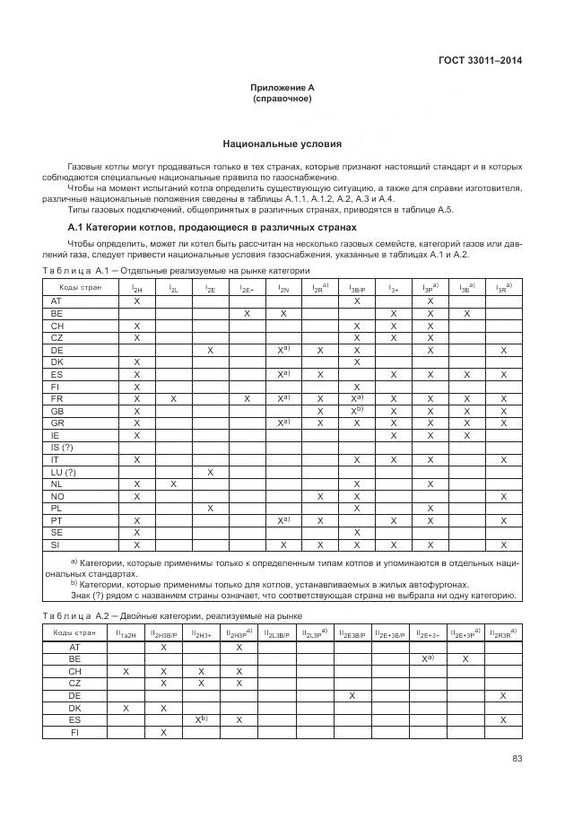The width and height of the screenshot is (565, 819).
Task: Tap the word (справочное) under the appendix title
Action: coord(282,98)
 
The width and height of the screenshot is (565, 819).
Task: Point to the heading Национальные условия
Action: coord(282,144)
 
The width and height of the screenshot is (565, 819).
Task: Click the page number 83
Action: coord(517,759)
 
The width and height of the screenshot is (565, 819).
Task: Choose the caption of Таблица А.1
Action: coord(176,270)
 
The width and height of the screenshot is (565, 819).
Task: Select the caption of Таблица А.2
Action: coord(172,616)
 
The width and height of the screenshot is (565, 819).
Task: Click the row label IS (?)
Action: coord(62,447)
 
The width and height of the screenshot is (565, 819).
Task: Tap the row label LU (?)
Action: coord(63,471)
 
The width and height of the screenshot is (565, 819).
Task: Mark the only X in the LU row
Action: coord(210,471)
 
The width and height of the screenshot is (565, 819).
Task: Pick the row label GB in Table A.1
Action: coord(56,410)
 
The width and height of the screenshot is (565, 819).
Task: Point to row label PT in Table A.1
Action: coord(56,519)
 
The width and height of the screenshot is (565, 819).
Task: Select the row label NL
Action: coord(56,484)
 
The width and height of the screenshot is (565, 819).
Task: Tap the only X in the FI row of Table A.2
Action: coord(164,732)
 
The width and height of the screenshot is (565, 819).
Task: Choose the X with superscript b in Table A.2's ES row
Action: coord(202,719)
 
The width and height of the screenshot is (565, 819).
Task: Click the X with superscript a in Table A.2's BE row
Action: coord(429,658)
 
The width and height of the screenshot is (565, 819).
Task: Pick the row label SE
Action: coord(56,532)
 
